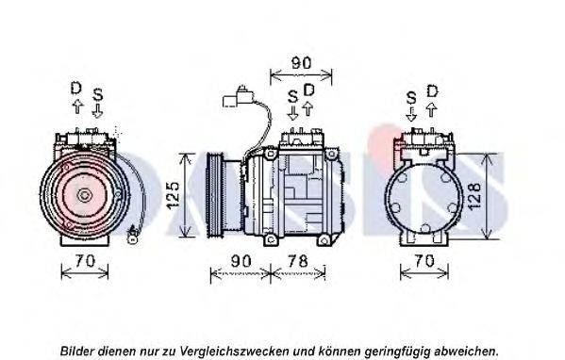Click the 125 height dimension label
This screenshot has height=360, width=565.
[174, 195]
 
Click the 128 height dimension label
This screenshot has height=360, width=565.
[474, 196]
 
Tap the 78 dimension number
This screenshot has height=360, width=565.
[298, 261]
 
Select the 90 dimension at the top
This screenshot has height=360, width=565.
[301, 63]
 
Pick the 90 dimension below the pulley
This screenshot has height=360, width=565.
[241, 261]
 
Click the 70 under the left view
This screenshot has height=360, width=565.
[85, 261]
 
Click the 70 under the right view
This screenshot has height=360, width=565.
[424, 260]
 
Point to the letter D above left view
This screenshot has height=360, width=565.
[76, 88]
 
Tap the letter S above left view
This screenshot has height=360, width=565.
[98, 94]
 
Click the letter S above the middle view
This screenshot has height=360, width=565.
[293, 96]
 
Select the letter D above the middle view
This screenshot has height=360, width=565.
[308, 90]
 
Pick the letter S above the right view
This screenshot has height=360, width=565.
[411, 98]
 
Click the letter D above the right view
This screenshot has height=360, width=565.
[432, 91]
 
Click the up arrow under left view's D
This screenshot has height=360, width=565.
[77, 106]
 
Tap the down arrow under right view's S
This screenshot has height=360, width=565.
[411, 114]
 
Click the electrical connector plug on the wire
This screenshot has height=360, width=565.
[239, 97]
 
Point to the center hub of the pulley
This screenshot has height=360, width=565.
[84, 195]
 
